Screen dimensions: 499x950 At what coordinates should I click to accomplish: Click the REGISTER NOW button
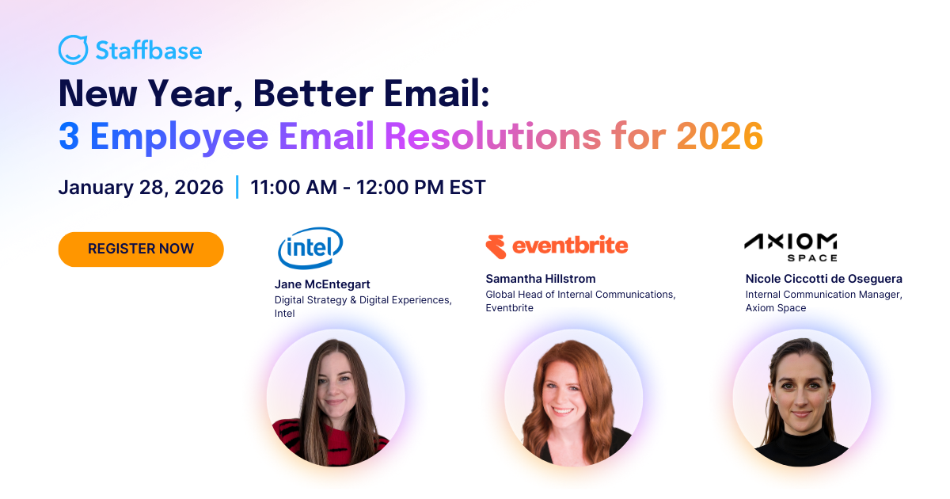click(141, 249)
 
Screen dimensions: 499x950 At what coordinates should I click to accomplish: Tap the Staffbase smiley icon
click(73, 50)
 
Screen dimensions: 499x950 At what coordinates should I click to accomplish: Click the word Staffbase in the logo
click(148, 51)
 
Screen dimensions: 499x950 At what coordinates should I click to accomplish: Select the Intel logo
click(310, 248)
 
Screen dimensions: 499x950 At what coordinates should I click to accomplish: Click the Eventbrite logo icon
click(496, 246)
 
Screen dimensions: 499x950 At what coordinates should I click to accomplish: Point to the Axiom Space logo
click(790, 246)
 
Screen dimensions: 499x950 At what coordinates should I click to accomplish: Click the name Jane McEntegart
click(322, 284)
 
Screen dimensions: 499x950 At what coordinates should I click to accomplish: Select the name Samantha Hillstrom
click(540, 279)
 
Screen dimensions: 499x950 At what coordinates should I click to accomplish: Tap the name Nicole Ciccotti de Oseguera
click(823, 279)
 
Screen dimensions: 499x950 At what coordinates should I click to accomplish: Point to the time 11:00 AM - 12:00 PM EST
click(367, 188)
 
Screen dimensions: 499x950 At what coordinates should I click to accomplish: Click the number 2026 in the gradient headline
click(719, 136)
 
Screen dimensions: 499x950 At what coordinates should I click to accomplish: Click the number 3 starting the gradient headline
click(69, 136)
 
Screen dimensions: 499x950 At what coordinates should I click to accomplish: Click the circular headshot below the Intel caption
click(335, 398)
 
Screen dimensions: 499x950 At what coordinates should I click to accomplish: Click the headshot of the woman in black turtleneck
click(801, 398)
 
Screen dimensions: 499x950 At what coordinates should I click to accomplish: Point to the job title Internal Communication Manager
click(823, 295)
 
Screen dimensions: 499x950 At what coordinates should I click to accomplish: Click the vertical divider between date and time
click(237, 188)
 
